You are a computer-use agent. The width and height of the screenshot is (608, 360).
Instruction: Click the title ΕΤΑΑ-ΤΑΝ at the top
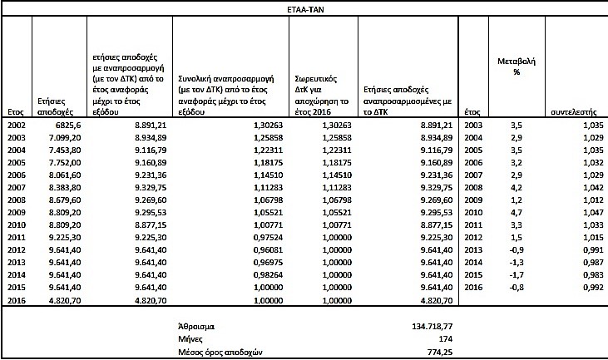point(304,8)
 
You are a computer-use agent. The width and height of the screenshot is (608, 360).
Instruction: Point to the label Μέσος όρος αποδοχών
point(220,352)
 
